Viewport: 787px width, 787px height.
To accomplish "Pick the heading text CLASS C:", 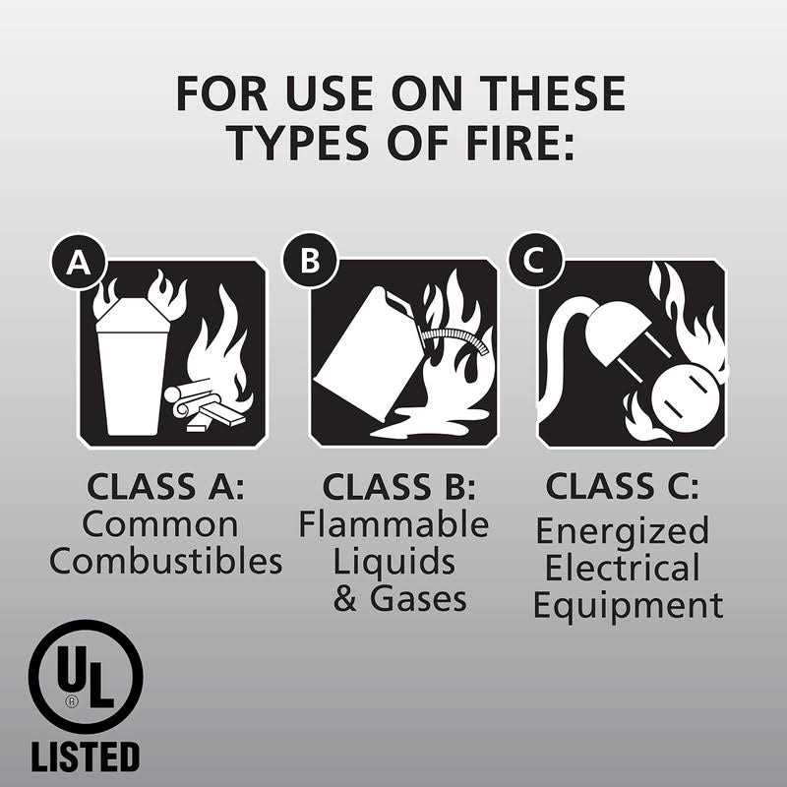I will click(x=623, y=487).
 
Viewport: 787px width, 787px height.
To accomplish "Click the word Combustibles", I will click(x=165, y=562).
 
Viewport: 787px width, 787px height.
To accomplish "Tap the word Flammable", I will click(x=393, y=524).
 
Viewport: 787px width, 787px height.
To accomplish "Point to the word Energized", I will click(x=622, y=531).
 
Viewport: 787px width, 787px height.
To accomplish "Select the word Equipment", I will click(x=628, y=605).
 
